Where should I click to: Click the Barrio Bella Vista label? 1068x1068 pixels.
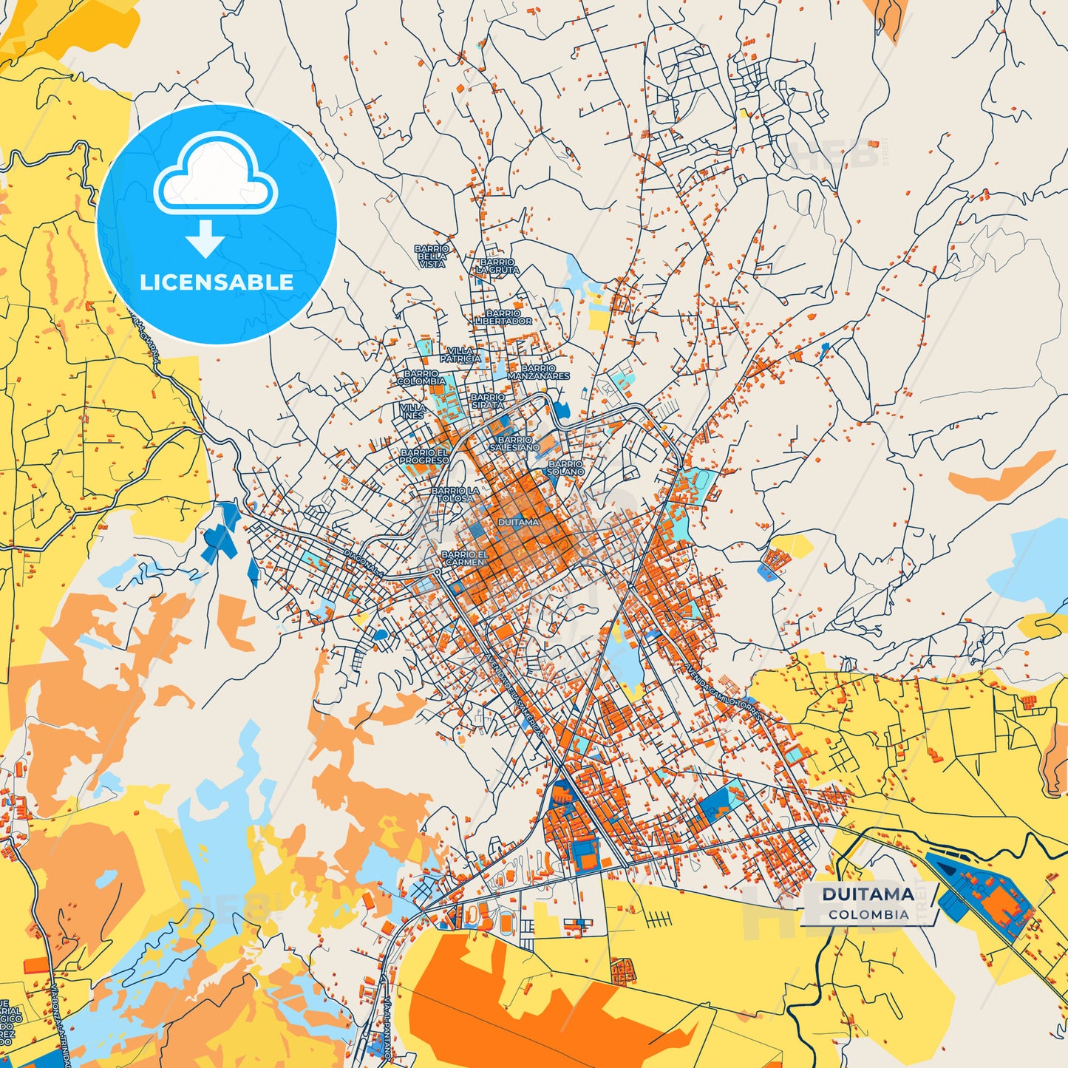pos(432,256)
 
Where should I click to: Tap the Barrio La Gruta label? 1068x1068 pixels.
pos(497,266)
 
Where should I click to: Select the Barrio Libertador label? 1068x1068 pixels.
pos(503,317)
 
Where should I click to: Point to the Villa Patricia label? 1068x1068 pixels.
pos(461,355)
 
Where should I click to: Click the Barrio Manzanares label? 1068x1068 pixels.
pos(539,372)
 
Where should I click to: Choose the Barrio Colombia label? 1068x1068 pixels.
pos(421,378)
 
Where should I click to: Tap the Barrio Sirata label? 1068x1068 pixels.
pos(488,401)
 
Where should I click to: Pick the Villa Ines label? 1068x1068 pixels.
pos(412,411)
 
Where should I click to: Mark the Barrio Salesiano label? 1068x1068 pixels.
pos(514,443)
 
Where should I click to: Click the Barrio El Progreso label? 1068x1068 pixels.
pos(424,456)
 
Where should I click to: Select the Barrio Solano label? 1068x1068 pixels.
pos(565,468)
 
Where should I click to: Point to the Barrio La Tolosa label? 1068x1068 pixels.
pos(455,494)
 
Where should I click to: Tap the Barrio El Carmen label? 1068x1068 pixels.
pos(465,558)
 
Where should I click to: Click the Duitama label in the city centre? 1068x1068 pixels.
pos(518,522)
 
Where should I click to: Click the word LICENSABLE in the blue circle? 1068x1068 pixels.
pos(217,282)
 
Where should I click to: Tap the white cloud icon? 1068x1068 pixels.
pos(215,174)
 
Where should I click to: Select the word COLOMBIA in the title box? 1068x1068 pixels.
pos(868,914)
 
